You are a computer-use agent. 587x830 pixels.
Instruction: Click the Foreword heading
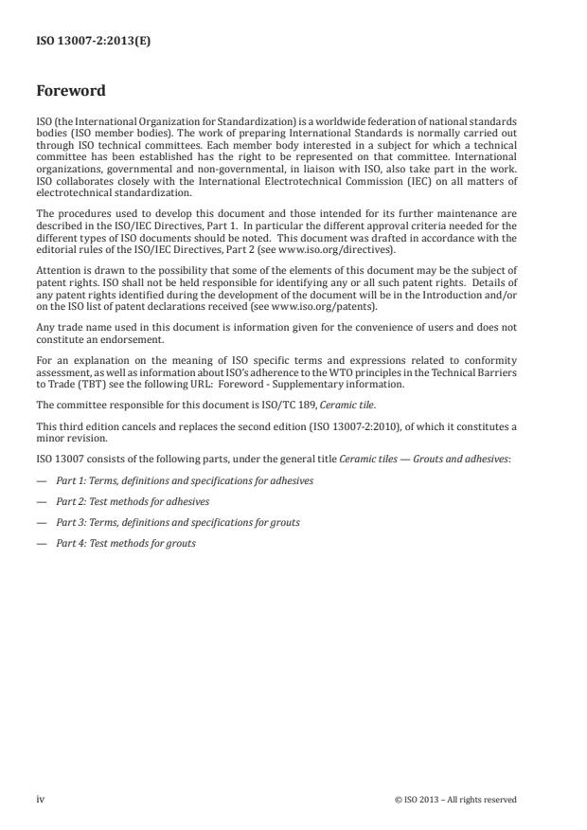coord(70,91)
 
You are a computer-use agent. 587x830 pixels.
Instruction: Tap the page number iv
coord(41,800)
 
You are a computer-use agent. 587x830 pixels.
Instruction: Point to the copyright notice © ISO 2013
coord(455,800)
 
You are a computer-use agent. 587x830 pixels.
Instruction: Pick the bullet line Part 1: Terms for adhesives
coord(185,481)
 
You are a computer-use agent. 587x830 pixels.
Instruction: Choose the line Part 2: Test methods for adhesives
coord(133,501)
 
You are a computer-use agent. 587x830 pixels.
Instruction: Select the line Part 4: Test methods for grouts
coord(126,543)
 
